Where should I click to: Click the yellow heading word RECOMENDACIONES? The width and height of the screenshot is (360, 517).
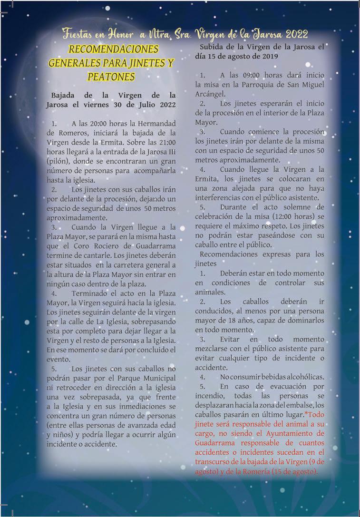click(114, 49)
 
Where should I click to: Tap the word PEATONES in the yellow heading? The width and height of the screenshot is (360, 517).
click(111, 76)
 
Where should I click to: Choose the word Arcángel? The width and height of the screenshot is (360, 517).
click(209, 94)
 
